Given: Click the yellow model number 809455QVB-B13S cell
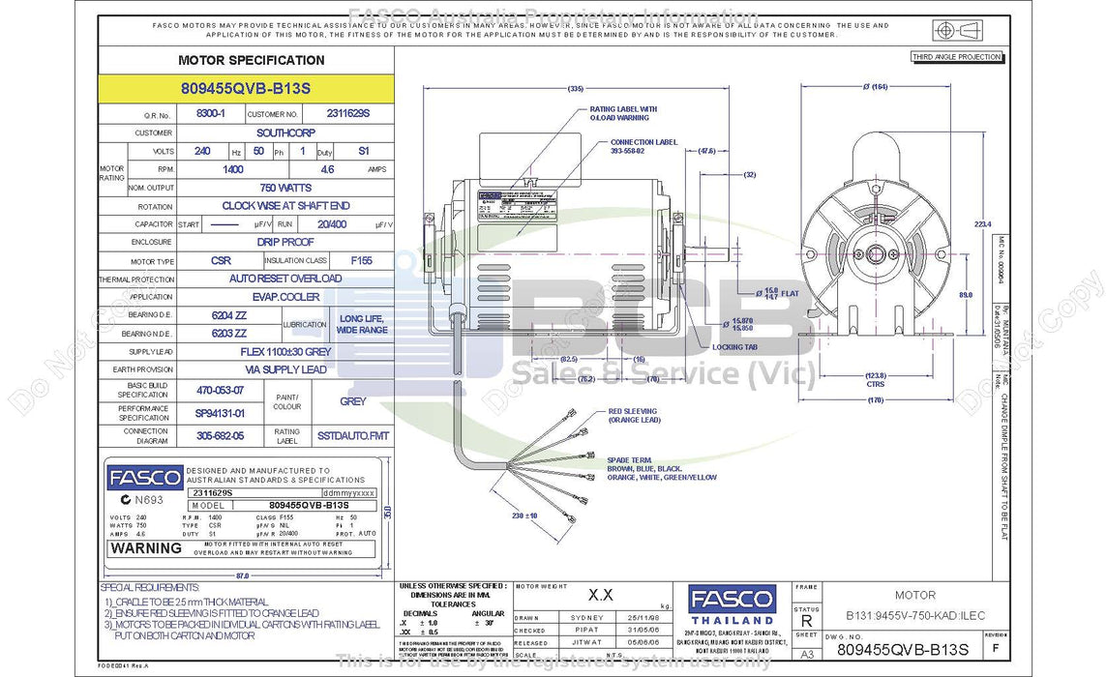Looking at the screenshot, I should click(x=246, y=87).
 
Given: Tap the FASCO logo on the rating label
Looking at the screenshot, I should click(x=144, y=478).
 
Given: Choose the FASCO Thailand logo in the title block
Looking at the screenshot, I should click(x=732, y=603).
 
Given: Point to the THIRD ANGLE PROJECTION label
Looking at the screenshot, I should click(x=956, y=57).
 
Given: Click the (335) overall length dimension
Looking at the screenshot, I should click(x=581, y=88).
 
